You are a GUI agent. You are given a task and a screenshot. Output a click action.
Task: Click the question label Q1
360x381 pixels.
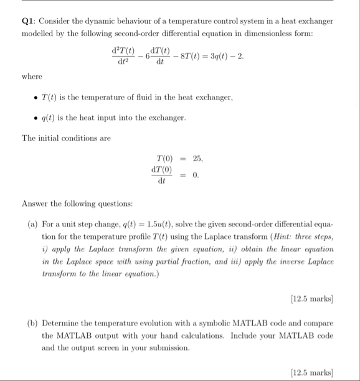point(29,21)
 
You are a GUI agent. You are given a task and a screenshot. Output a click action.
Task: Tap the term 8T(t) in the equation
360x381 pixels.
point(186,56)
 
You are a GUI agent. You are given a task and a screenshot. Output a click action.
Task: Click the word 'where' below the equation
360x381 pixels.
point(32,77)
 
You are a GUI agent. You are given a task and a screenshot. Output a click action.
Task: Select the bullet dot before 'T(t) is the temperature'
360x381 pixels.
point(35,98)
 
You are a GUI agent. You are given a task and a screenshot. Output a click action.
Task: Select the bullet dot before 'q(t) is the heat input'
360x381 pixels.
point(35,118)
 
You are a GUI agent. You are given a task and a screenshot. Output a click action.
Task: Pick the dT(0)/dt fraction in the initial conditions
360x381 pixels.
point(162,175)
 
